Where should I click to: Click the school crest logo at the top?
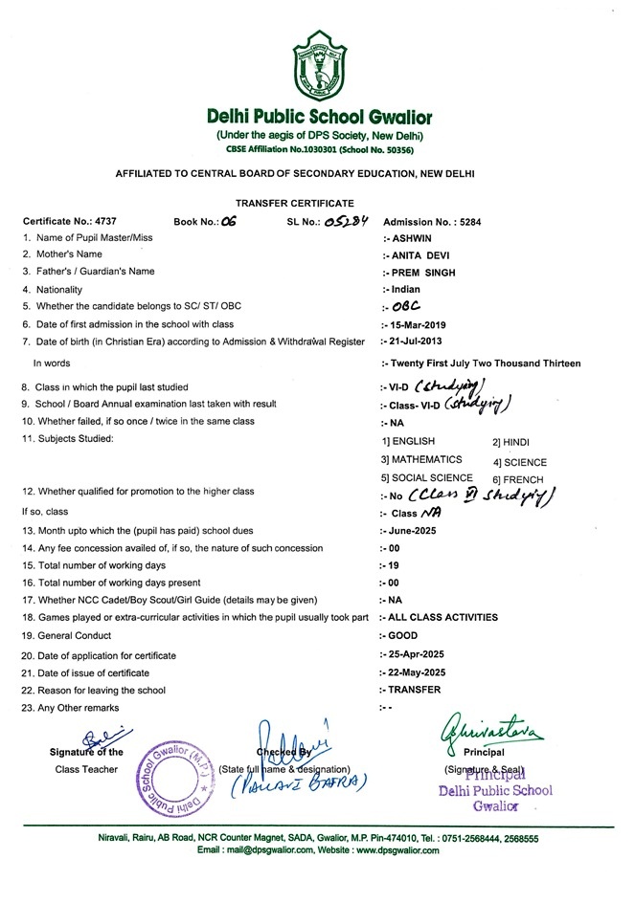click(319, 64)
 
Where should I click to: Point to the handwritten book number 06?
click(228, 221)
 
